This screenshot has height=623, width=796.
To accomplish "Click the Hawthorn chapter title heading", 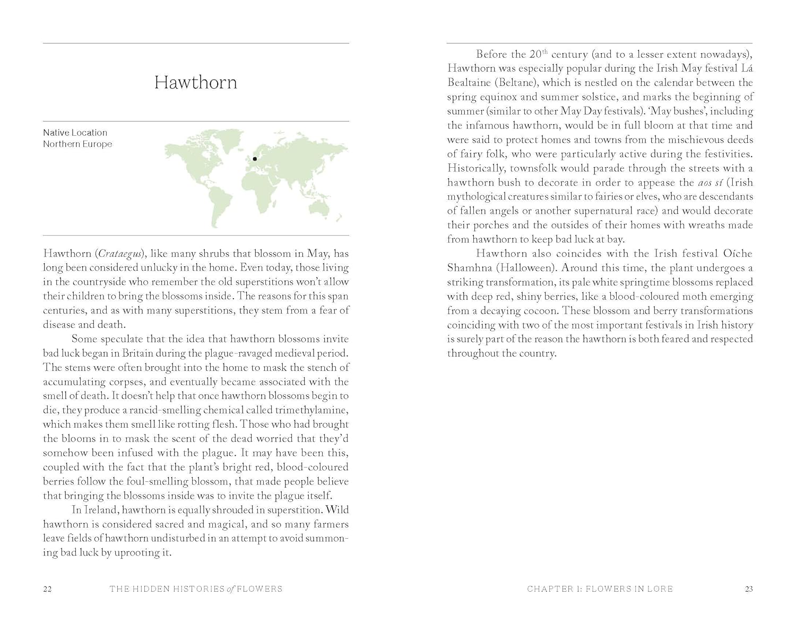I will coord(195,82).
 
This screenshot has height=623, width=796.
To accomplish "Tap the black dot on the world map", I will coord(255,159).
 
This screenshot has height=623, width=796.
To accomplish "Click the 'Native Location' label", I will coord(75,133).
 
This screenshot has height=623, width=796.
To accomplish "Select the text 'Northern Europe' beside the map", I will coord(77,144).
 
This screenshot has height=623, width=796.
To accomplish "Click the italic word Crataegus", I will coord(122,254).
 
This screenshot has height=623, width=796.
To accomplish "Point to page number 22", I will coord(47,589).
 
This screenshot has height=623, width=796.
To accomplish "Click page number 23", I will coord(749,589).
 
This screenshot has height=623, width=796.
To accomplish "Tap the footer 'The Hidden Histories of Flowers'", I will coord(196,589).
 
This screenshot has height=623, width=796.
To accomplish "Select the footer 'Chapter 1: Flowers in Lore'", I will coord(600,589).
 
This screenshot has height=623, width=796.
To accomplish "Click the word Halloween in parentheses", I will coord(525,268).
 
